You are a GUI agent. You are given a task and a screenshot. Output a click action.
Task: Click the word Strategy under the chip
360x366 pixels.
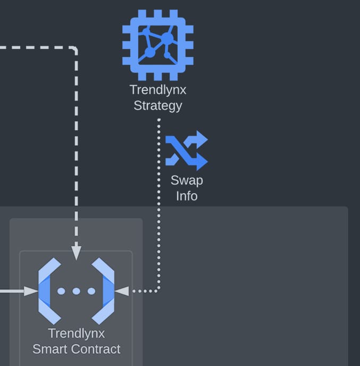[x=157, y=105]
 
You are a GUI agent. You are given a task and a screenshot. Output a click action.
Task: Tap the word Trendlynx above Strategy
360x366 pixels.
[x=157, y=90]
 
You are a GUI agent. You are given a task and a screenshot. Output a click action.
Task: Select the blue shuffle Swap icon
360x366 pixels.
[x=186, y=150]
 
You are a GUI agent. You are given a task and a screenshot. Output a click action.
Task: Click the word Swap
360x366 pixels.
[x=187, y=180]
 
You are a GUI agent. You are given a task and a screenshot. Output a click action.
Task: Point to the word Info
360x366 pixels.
[x=187, y=196]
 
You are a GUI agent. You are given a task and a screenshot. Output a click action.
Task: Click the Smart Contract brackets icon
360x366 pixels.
[x=76, y=291]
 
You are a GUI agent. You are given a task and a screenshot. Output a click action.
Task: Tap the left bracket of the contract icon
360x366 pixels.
[x=49, y=291]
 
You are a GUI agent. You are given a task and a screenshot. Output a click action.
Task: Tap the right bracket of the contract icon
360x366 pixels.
[x=104, y=291]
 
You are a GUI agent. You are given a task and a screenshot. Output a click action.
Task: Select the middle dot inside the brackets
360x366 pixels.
[x=76, y=291]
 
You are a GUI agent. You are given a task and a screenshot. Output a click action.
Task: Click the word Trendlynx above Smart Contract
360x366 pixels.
[x=76, y=334]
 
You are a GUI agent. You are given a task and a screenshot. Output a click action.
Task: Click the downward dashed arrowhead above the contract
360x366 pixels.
[x=76, y=253]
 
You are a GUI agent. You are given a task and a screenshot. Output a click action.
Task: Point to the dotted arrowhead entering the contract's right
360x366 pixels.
[x=122, y=291]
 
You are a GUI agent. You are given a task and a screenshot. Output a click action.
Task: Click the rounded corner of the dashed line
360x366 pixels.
[x=75, y=49]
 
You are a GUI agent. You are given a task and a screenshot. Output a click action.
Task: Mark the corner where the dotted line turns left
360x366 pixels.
[x=158, y=290]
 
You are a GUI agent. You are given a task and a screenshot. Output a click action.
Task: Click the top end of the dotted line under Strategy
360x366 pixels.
[x=158, y=120]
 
